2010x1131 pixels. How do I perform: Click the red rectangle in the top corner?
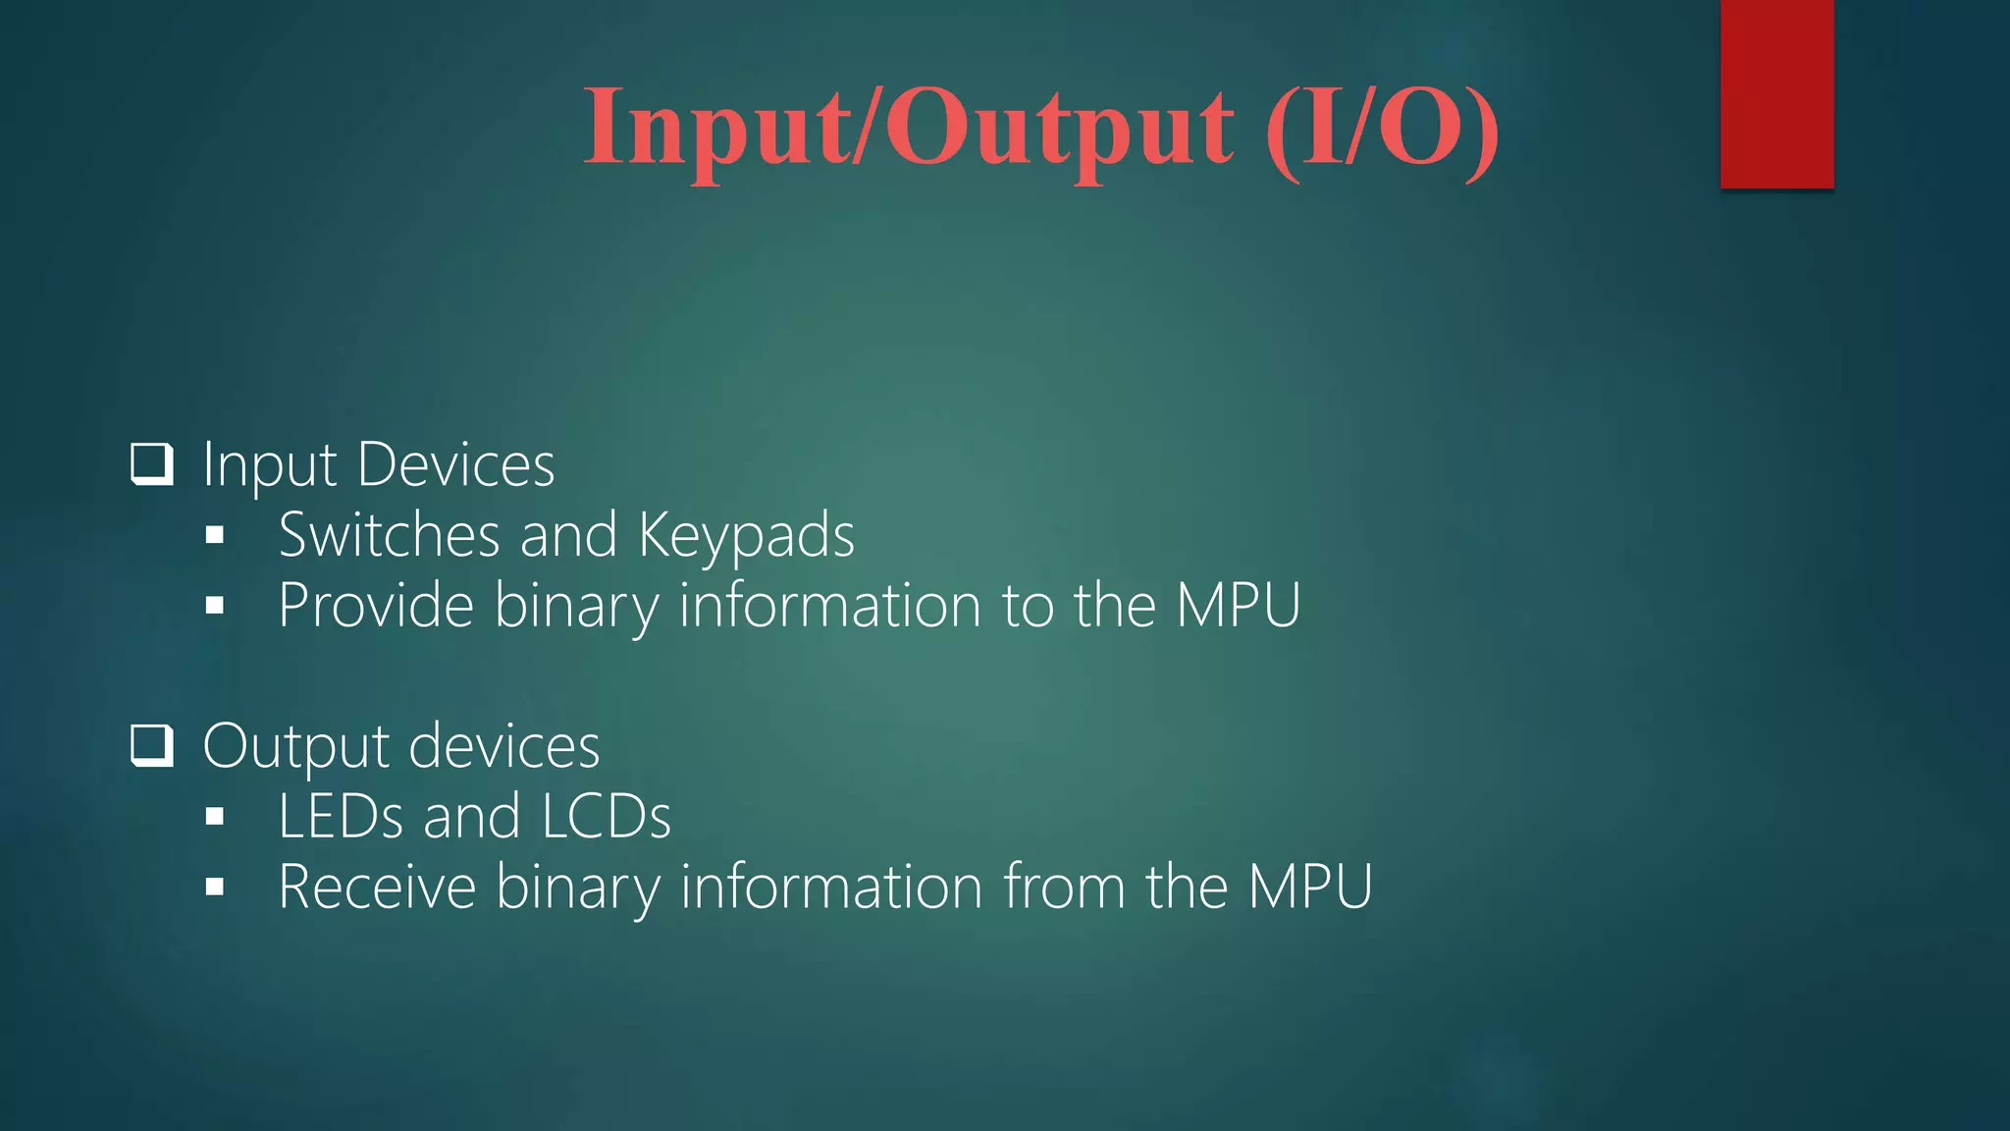click(x=1776, y=94)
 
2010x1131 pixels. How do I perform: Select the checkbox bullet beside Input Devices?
click(x=152, y=464)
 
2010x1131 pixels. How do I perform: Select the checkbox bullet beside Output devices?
click(x=152, y=746)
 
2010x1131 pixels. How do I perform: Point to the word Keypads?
click(x=746, y=537)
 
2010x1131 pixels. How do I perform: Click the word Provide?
click(x=376, y=605)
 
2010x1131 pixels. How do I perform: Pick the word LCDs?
click(x=606, y=817)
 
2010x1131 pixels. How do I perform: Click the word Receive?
click(x=377, y=887)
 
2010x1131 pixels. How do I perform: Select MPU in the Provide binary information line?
click(x=1239, y=605)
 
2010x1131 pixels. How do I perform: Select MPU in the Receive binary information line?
click(x=1310, y=887)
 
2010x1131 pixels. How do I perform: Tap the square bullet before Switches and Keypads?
click(x=215, y=536)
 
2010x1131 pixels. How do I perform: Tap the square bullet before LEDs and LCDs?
click(x=215, y=817)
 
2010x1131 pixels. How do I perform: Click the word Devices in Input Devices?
click(x=456, y=464)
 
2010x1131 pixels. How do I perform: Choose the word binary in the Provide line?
click(x=576, y=607)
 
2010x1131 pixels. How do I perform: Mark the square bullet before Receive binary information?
click(x=215, y=888)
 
